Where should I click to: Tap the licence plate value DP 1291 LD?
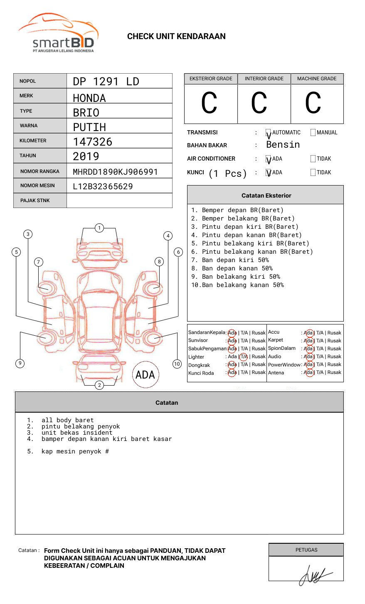[x=106, y=82]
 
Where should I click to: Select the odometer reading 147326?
[x=92, y=142]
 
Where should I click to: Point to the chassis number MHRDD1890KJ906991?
[x=115, y=172]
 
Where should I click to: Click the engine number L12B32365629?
[x=103, y=186]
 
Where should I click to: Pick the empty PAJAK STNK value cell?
[x=119, y=201]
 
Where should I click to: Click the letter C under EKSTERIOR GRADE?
[x=209, y=103]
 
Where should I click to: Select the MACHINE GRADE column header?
[x=317, y=79]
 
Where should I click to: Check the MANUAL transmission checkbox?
[x=313, y=133]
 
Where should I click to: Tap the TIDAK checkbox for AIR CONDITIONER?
[x=313, y=159]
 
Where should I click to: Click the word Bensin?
[x=283, y=145]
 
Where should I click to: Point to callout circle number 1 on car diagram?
[x=99, y=228]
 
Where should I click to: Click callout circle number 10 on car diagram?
[x=177, y=364]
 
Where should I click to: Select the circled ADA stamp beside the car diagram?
[x=145, y=375]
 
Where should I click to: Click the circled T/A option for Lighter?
[x=244, y=356]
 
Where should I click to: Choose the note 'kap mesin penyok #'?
[x=75, y=451]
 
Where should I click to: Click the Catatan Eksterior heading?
[x=266, y=196]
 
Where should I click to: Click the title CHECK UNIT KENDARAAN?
[x=176, y=37]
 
